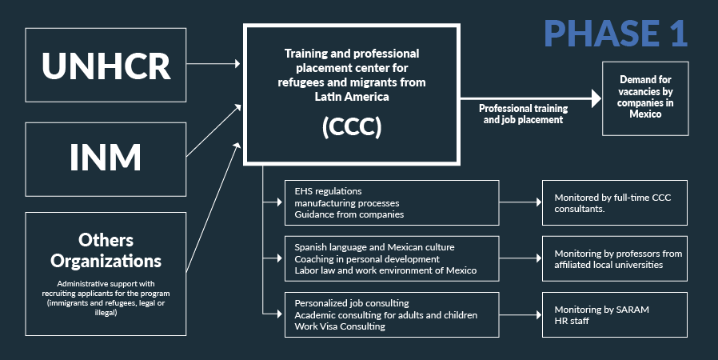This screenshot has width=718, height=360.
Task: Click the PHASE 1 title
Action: coord(616,34)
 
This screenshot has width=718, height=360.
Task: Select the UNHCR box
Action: coord(106,66)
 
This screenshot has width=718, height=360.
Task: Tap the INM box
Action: coord(106,157)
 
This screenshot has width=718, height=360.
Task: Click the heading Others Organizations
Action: coord(106,250)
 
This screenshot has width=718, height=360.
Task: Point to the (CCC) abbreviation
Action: coord(351,129)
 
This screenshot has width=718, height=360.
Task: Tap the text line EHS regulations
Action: coord(328,192)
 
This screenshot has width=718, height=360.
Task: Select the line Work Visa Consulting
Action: coord(339,326)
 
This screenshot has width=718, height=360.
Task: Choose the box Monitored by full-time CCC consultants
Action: coord(614,202)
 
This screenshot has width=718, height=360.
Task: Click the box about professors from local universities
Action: coord(614,258)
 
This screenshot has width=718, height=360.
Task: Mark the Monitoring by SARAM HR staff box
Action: coord(614,314)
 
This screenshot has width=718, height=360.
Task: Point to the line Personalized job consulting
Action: coord(352,303)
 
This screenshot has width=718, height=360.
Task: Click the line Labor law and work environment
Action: coord(385,270)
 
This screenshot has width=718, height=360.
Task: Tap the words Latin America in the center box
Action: coord(351,96)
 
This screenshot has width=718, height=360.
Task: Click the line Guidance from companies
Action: coord(349,214)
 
